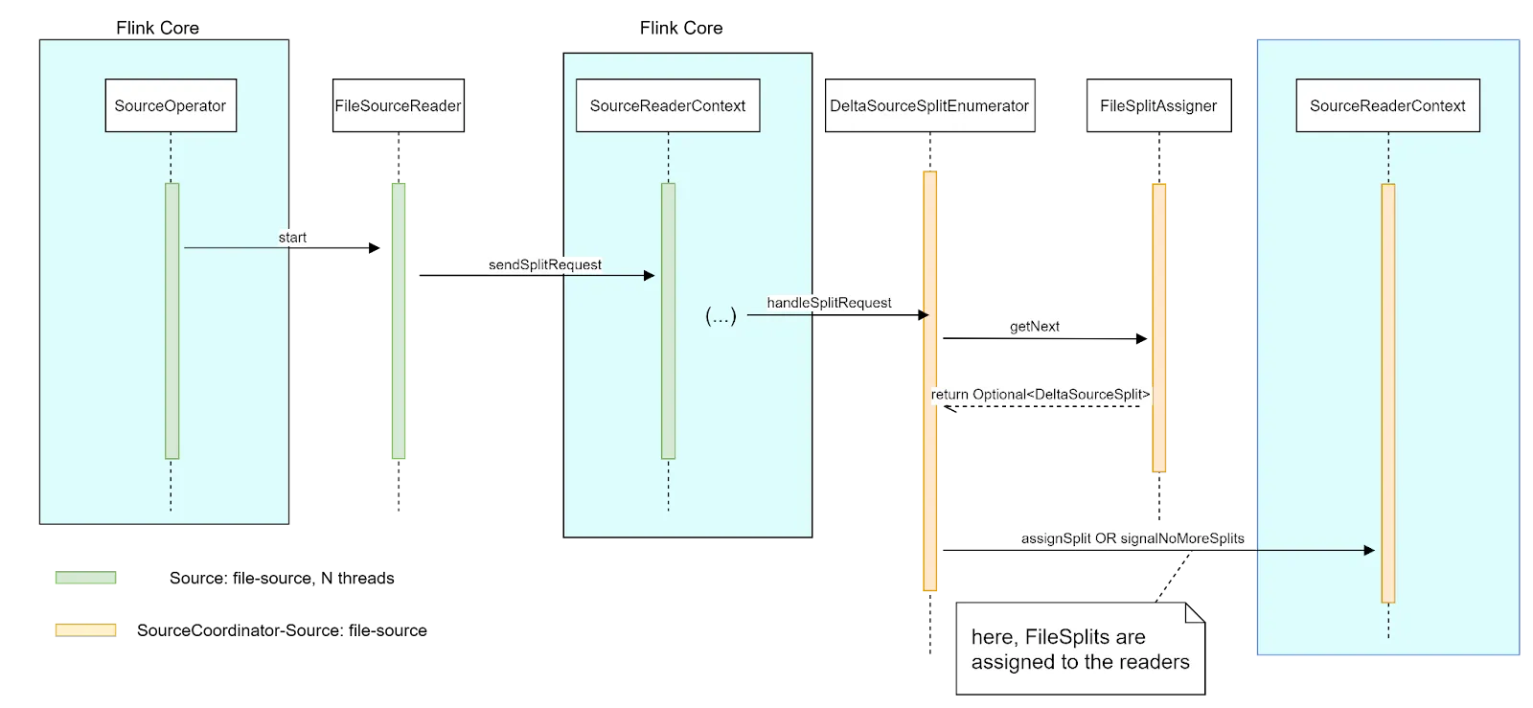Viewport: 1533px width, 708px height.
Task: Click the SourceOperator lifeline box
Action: coord(171,105)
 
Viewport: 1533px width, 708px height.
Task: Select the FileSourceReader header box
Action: coord(398,105)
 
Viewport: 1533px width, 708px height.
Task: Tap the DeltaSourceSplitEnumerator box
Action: coord(929,105)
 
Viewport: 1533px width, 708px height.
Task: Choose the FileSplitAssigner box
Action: coord(1158,105)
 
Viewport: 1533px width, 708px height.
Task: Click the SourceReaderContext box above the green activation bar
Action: coord(667,105)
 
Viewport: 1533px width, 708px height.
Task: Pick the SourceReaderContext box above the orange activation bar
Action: coord(1387,105)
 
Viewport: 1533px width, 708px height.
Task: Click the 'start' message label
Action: coord(292,237)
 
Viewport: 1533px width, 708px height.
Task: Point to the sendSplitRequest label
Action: coord(545,264)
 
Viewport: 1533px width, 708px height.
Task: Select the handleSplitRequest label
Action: coord(829,303)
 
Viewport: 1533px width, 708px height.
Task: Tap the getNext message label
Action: coord(1035,326)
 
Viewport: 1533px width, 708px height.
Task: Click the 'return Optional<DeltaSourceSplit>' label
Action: coord(1041,394)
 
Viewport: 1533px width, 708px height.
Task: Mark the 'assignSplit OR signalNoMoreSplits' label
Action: coord(1133,538)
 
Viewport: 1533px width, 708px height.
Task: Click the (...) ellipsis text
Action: coord(721,316)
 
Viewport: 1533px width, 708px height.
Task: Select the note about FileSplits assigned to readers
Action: coord(1080,649)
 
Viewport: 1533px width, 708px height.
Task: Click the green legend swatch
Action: coord(87,578)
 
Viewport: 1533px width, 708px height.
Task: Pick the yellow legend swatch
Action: coord(87,629)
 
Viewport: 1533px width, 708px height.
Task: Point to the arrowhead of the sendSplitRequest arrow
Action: coord(650,276)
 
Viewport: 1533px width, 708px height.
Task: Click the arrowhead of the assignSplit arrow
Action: coord(1369,551)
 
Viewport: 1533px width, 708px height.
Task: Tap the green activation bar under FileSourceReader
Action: coord(399,320)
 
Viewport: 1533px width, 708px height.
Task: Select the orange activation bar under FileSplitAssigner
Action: coord(1159,326)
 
